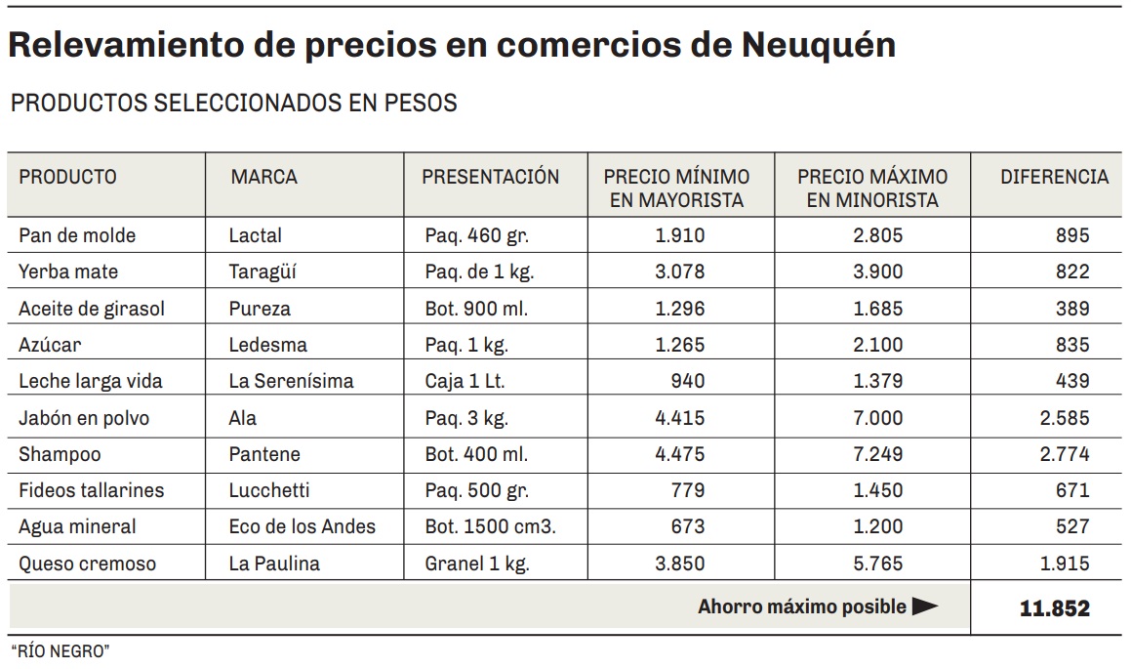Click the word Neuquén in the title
click(818, 45)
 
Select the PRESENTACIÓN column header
click(490, 178)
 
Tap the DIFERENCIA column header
click(1054, 178)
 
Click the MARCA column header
click(263, 178)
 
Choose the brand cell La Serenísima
click(291, 382)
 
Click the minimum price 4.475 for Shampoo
click(679, 454)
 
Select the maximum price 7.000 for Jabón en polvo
click(877, 418)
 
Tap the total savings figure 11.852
click(1054, 608)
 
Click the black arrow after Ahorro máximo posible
click(924, 607)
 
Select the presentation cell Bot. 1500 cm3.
click(490, 527)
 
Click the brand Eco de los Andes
click(302, 527)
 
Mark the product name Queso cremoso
click(87, 564)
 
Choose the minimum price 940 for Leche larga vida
click(687, 382)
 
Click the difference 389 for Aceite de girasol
click(1071, 309)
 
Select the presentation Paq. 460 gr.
click(477, 236)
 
